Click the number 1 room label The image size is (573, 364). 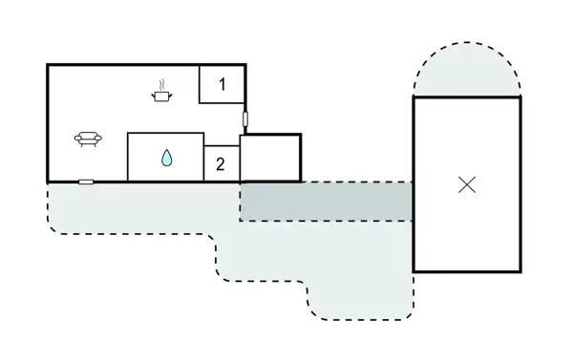tap(223, 84)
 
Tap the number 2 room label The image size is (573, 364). tap(220, 164)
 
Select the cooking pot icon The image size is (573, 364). tap(161, 96)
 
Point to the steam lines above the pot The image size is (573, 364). tap(161, 86)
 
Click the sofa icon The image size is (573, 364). tap(88, 139)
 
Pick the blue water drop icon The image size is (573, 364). tap(166, 158)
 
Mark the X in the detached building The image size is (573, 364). tap(467, 184)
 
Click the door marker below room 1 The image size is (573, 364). tap(245, 118)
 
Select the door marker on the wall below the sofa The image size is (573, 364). tap(86, 182)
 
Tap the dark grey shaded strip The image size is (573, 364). tap(326, 202)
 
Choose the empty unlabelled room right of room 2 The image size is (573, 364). tap(270, 158)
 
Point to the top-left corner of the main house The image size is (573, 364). tap(48, 65)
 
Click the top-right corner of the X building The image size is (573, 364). tap(520, 97)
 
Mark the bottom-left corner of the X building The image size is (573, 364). tap(414, 271)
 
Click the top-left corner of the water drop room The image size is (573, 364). tap(128, 133)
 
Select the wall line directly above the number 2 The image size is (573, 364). tap(222, 146)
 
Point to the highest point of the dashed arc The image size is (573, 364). tap(467, 42)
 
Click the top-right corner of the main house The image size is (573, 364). tap(245, 65)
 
